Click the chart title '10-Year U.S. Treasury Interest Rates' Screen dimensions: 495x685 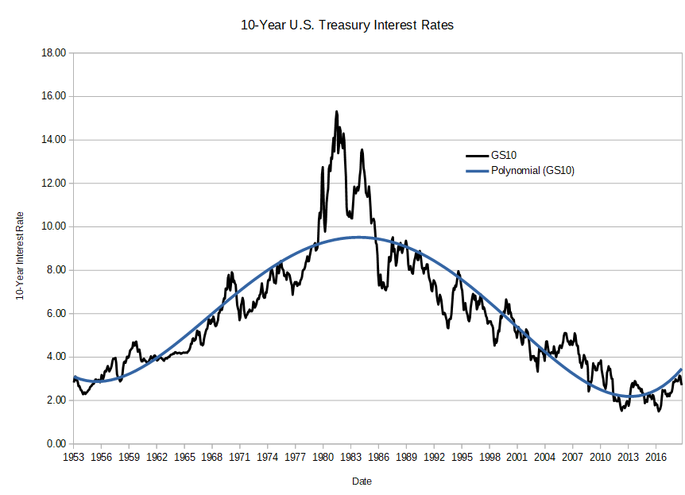(x=347, y=25)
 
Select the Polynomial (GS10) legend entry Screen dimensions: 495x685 (x=532, y=170)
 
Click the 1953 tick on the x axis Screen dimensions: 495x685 (x=73, y=458)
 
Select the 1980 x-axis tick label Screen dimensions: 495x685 (x=323, y=458)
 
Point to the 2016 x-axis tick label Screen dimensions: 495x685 (x=656, y=458)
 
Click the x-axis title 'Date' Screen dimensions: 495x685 (x=362, y=481)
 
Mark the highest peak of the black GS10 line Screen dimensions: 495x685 (x=336, y=111)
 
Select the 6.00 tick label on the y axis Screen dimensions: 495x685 (x=56, y=313)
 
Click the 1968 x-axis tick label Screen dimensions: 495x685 (x=212, y=458)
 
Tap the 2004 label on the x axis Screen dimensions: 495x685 (x=545, y=458)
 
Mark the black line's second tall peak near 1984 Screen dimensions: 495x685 (x=362, y=149)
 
